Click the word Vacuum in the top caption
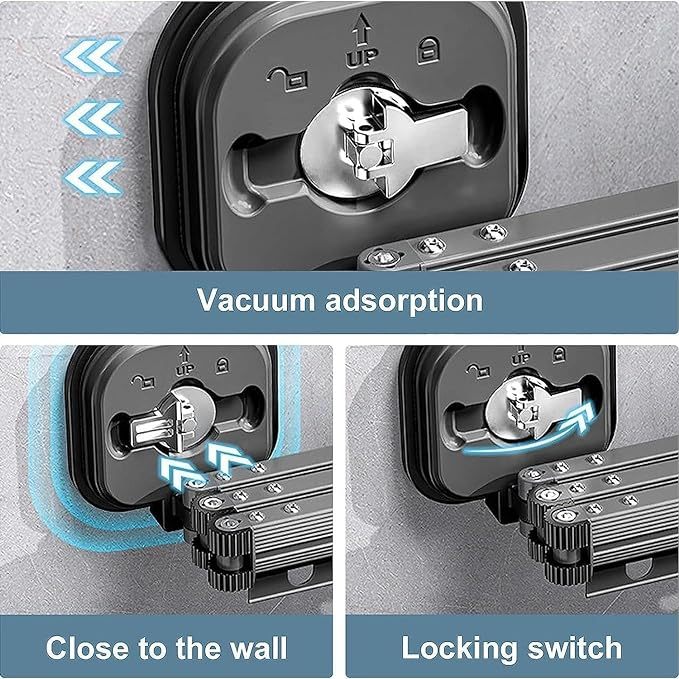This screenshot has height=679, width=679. point(255,299)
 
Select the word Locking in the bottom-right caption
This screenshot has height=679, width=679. point(459,649)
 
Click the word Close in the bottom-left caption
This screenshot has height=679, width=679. point(89,647)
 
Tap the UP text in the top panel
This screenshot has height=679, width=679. point(362,58)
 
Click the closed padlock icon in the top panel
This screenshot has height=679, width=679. point(428,52)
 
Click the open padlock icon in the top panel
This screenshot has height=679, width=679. point(287,79)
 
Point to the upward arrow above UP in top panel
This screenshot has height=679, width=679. point(361,29)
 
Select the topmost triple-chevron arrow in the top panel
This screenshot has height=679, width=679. point(92,57)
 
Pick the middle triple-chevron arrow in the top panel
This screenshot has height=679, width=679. point(93,118)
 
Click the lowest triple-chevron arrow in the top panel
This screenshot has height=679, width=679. point(93,177)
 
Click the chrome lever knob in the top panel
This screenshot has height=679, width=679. point(385,143)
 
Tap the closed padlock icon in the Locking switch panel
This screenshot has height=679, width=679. point(559,354)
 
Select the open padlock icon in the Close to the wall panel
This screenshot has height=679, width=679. point(143,381)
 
